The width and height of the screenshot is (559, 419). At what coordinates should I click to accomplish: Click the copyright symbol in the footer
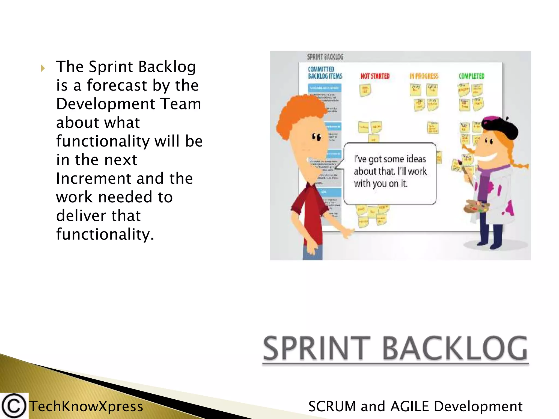coord(14,406)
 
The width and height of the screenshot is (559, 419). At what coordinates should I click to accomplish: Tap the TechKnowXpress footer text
coord(86,406)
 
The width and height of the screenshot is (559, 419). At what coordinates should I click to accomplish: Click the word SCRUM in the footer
coord(332,406)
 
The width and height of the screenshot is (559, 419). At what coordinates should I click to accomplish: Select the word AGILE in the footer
coord(410,406)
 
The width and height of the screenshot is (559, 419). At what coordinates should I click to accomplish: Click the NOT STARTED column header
coord(375,76)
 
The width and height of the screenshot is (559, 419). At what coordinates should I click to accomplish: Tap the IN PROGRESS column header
coord(424,76)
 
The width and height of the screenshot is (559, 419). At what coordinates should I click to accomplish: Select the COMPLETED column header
coord(471,76)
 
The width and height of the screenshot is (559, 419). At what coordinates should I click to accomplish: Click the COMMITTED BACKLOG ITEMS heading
coord(325,73)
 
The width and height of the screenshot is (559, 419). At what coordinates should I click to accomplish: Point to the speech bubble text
coord(390,171)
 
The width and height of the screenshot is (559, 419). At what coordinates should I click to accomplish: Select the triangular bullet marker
coord(43,68)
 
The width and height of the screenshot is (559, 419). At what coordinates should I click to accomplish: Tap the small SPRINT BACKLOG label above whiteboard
coord(325,57)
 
